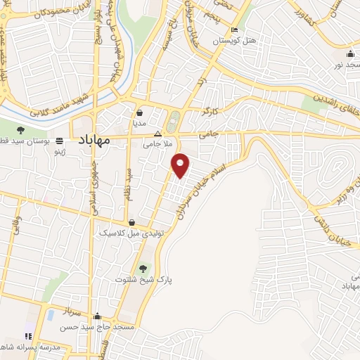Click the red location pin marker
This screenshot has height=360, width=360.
(181, 164)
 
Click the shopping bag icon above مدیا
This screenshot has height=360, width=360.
(139, 112)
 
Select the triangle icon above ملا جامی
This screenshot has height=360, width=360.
(157, 132)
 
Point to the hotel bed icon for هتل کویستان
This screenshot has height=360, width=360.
(235, 30)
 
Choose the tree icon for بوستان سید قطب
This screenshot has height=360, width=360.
(20, 129)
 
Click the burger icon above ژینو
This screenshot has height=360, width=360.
(61, 139)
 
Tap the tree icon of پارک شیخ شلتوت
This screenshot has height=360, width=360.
(143, 268)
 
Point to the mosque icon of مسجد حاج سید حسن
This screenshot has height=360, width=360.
(96, 317)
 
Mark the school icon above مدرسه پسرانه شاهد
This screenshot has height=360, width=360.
(29, 336)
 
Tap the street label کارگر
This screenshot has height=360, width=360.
(210, 112)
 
